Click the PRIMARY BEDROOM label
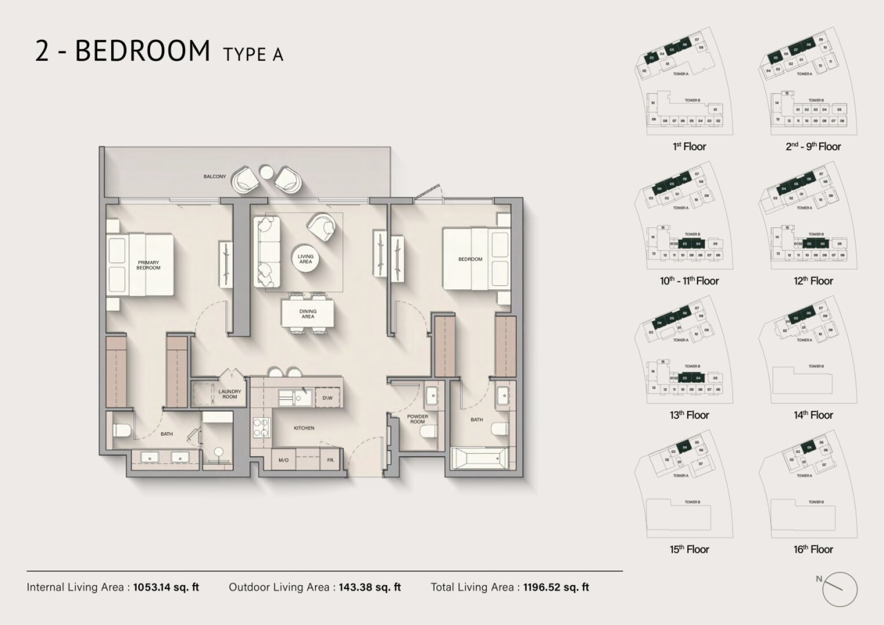[148, 265]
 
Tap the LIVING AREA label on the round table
[305, 259]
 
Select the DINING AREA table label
[308, 314]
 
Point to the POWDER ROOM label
[417, 419]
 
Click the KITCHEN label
[304, 428]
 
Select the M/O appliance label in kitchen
[283, 460]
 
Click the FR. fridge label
[330, 460]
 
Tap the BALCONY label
[214, 177]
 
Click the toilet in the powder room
[427, 434]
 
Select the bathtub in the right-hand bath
[479, 459]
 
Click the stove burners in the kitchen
[261, 428]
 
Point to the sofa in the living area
[267, 252]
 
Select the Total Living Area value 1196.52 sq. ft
[556, 588]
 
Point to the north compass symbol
[839, 589]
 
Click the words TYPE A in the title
[253, 54]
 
